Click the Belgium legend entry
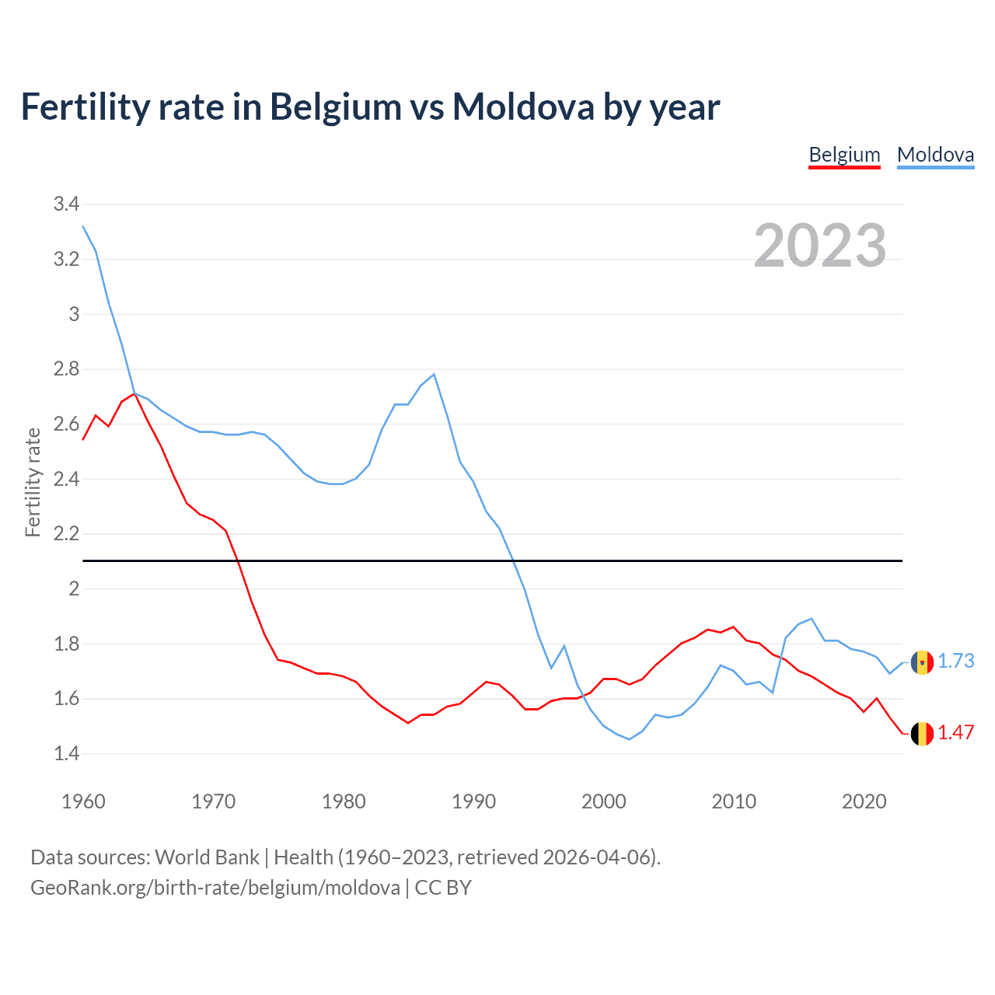(x=844, y=155)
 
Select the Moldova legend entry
(x=935, y=155)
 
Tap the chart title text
(x=370, y=106)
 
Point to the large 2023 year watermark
(x=819, y=246)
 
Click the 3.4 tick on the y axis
(x=66, y=204)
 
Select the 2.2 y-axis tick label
(x=66, y=534)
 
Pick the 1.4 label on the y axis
(x=66, y=753)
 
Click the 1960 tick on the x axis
(x=83, y=801)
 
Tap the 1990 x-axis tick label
(x=473, y=801)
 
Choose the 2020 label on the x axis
(x=864, y=801)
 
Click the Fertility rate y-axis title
(x=33, y=482)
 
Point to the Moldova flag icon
(x=922, y=662)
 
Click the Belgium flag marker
(x=922, y=734)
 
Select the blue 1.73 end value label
(x=955, y=661)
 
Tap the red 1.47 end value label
(x=955, y=732)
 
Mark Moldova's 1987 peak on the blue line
(x=434, y=374)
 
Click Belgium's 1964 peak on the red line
(x=134, y=393)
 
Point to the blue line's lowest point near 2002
(x=629, y=739)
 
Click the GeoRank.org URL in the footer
(x=215, y=888)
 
